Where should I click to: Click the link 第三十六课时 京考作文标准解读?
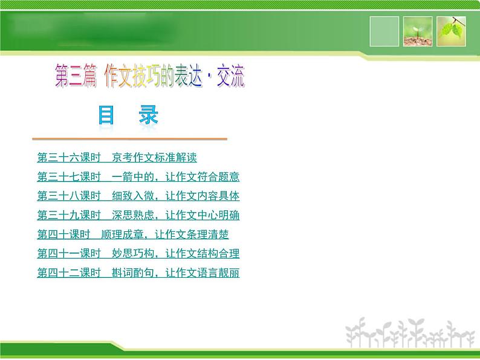[117, 158]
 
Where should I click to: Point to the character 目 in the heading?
[106, 115]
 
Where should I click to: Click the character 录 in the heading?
[148, 115]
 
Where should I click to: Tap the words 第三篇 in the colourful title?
[76, 77]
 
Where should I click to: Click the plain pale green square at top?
[384, 31]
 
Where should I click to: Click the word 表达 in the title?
[188, 77]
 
